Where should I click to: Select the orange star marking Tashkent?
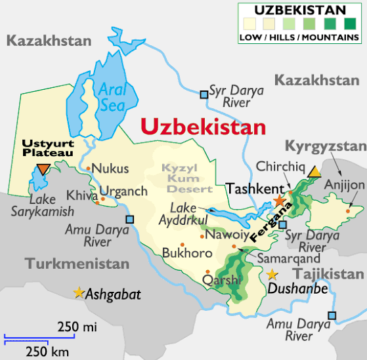coord(279,200)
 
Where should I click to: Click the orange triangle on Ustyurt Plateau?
coord(43,170)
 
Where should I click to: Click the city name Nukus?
coord(110,169)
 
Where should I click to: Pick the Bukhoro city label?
coord(187,252)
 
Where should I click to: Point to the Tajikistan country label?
coord(328,273)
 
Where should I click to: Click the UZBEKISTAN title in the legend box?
coord(299,10)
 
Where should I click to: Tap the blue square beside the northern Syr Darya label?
coord(204,95)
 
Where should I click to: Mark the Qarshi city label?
coord(219,279)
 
